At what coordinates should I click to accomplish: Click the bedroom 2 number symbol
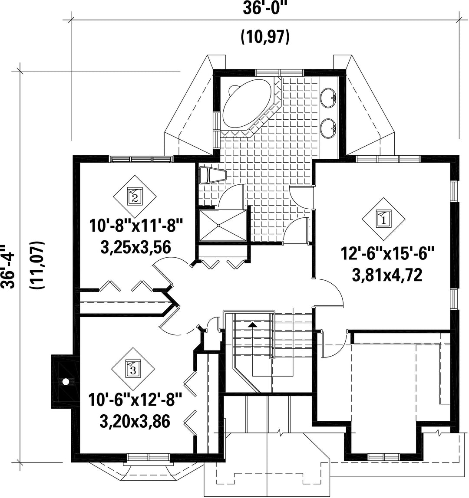(x=135, y=197)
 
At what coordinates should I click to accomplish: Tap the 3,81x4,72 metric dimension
(x=387, y=275)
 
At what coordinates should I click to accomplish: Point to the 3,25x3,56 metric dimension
(x=136, y=247)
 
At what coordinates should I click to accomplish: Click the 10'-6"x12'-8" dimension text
(x=136, y=400)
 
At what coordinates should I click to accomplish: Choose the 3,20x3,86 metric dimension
(x=135, y=422)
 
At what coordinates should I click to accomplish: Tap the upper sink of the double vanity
(x=328, y=98)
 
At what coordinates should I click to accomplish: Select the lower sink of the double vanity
(x=328, y=128)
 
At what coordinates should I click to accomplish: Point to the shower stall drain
(x=219, y=226)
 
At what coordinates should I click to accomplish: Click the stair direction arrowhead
(x=252, y=324)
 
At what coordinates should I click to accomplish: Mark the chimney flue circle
(x=66, y=381)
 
